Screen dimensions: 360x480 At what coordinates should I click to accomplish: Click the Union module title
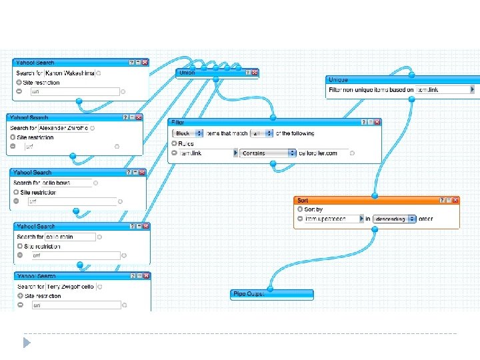[x=187, y=72]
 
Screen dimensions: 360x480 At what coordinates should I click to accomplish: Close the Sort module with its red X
[x=456, y=200]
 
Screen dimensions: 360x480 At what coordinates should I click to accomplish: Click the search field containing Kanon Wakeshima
[x=69, y=73]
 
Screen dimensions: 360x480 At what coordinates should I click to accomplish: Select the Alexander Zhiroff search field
[x=63, y=127]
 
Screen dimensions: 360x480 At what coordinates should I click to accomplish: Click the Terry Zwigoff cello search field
[x=71, y=286]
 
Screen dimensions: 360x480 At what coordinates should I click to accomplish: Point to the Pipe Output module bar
[x=272, y=293]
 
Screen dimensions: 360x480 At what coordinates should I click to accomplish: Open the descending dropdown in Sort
[x=395, y=219]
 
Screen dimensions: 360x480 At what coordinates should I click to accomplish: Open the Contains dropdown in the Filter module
[x=269, y=153]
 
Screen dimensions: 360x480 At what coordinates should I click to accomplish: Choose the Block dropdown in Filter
[x=189, y=133]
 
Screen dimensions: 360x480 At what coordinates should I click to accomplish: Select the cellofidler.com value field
[x=323, y=153]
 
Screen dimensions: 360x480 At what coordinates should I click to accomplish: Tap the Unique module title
[x=338, y=80]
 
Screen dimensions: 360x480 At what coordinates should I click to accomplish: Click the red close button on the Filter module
[x=378, y=122]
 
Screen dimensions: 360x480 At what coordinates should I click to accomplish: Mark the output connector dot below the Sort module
[x=375, y=229]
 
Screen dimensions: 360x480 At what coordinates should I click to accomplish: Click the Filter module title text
[x=178, y=123]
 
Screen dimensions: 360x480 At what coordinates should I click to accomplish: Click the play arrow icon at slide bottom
[x=26, y=343]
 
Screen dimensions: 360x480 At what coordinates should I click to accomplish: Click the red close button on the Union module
[x=254, y=72]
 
